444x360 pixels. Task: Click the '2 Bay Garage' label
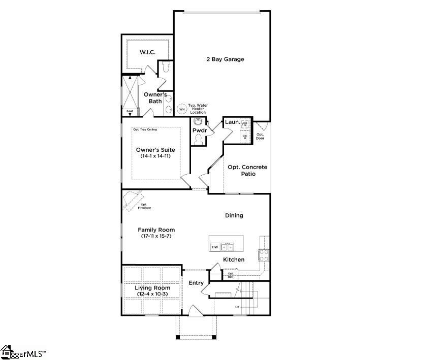click(225, 59)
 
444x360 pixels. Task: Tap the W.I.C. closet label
click(147, 53)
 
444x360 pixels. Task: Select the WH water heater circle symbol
click(182, 109)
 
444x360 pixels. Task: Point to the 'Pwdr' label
click(199, 130)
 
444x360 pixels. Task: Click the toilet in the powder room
click(199, 139)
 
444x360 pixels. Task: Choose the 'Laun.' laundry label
click(232, 122)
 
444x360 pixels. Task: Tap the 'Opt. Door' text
click(260, 136)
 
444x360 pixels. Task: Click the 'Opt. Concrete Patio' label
click(247, 171)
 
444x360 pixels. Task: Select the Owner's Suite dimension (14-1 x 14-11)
click(155, 156)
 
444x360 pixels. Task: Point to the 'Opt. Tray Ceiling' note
click(145, 129)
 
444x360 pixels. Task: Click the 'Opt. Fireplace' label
click(146, 206)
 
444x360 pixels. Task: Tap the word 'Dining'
click(234, 215)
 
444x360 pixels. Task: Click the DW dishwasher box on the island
click(215, 247)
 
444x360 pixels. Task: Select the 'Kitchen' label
click(234, 259)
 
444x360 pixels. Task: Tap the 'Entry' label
click(196, 283)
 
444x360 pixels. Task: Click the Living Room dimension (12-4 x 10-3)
click(152, 294)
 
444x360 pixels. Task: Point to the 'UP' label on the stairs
click(237, 307)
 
